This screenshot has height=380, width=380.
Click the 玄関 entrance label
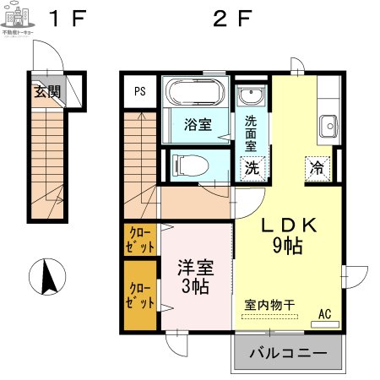pyautogui.click(x=47, y=92)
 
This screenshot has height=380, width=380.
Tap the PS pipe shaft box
pyautogui.click(x=139, y=91)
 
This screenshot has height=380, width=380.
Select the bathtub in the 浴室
pyautogui.click(x=195, y=91)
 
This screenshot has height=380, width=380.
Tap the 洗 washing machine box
pyautogui.click(x=252, y=167)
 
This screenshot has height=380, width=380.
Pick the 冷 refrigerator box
pyautogui.click(x=318, y=167)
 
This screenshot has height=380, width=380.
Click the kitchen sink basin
pyautogui.click(x=328, y=127)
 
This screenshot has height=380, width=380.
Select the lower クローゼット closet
pyautogui.click(x=141, y=296)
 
